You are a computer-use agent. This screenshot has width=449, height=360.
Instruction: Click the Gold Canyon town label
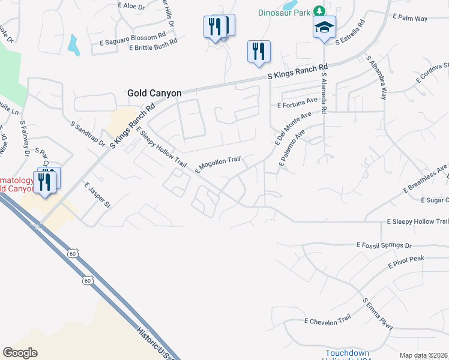(x=154, y=94)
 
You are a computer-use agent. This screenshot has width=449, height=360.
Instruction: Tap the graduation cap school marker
(x=324, y=28)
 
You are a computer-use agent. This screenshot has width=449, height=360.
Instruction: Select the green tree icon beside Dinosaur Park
(x=320, y=11)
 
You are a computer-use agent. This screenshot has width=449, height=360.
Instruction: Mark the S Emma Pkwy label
(x=378, y=314)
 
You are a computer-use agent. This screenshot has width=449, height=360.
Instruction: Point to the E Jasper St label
(x=98, y=196)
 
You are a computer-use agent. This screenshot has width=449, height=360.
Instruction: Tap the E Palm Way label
(x=410, y=19)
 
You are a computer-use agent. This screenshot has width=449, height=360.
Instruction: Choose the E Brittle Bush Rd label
(x=153, y=45)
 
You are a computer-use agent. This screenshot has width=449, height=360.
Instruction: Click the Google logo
(x=20, y=353)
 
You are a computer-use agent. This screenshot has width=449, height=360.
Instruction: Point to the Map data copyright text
(x=423, y=355)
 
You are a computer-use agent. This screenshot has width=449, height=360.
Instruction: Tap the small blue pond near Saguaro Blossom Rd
(x=73, y=44)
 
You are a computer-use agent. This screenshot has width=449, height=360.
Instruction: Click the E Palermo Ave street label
(x=293, y=148)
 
